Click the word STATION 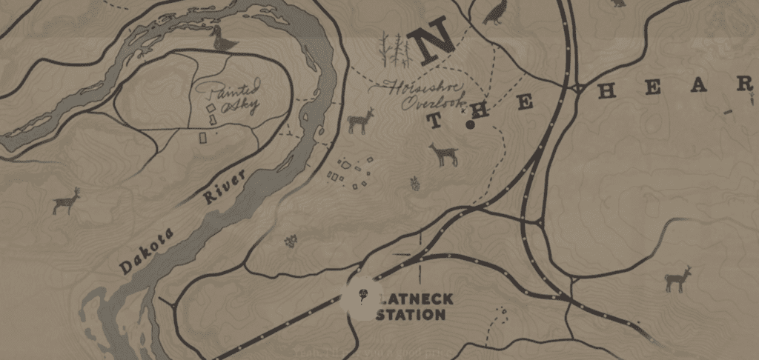point(411,315)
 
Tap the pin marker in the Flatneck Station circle point(362,296)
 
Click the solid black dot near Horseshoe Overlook point(470,124)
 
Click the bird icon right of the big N point(493,12)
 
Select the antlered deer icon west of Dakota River point(67,200)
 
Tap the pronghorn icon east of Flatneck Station point(677,279)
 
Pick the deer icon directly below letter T point(444,154)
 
